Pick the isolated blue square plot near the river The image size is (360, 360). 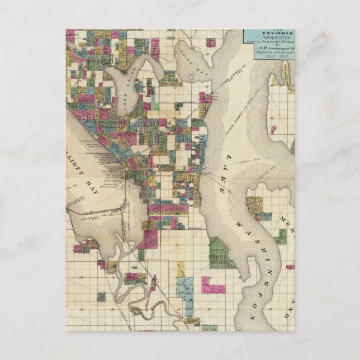click(x=101, y=296)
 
